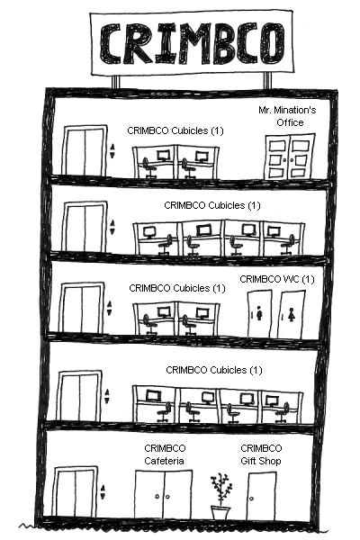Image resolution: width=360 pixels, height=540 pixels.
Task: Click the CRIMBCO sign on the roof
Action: (x=192, y=43)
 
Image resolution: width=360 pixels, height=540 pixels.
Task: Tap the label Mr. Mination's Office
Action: (x=287, y=116)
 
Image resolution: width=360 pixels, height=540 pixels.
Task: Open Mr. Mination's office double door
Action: (x=290, y=157)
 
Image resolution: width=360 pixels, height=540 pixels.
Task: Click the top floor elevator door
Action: (x=85, y=150)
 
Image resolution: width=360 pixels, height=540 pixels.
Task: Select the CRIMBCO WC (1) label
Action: (x=277, y=279)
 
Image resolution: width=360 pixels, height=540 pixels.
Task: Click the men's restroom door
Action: (x=259, y=314)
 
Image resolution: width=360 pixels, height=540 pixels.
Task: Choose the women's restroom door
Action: (x=292, y=314)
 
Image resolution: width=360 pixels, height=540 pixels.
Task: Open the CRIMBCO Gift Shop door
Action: (x=261, y=496)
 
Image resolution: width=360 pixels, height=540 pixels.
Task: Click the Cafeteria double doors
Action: (x=163, y=494)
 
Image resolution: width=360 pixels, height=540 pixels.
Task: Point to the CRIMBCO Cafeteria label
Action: (x=165, y=454)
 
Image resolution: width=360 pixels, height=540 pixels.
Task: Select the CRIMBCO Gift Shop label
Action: (x=261, y=454)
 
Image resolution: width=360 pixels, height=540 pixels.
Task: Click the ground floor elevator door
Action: (x=76, y=492)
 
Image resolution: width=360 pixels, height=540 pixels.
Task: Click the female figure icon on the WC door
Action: (x=292, y=314)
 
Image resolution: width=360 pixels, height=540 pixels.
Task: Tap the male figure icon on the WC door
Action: (x=259, y=313)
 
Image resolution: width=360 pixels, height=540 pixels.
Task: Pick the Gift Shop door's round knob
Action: (x=252, y=499)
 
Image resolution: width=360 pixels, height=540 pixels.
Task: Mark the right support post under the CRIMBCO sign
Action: (x=267, y=82)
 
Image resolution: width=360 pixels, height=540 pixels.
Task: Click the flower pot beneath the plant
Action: (x=220, y=512)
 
